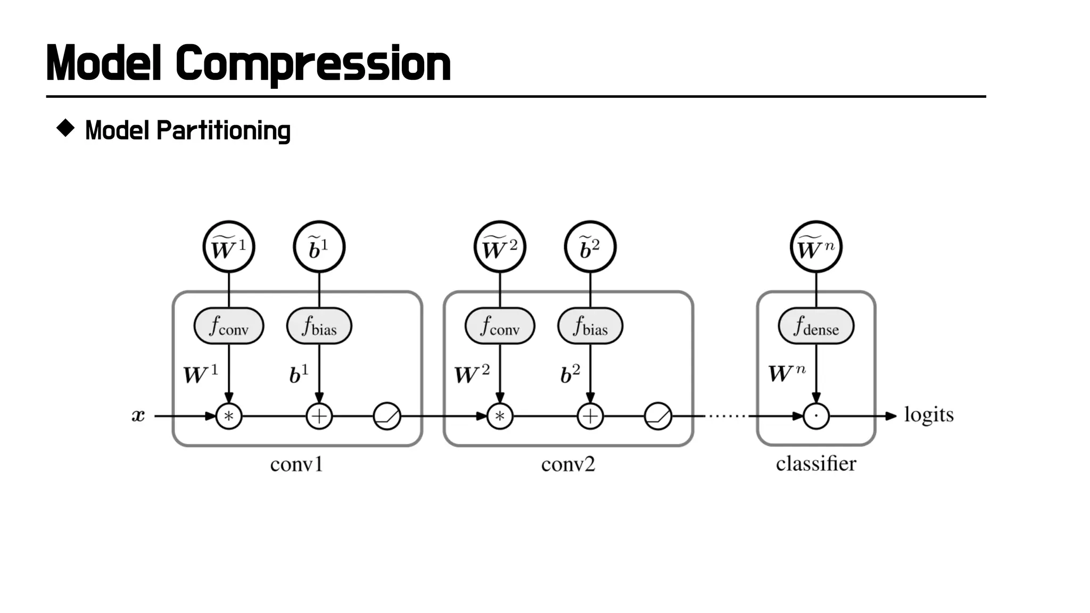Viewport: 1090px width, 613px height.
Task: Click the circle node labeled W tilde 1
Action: coord(229,247)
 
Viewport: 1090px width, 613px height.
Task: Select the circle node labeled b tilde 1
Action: coord(319,247)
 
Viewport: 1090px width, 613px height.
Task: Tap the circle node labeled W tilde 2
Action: coord(500,247)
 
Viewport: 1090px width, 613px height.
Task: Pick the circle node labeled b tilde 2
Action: coord(590,247)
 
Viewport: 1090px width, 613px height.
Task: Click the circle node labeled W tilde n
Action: coord(816,247)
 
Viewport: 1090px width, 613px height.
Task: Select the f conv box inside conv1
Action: coord(229,326)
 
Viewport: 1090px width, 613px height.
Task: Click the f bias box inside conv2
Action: coord(590,326)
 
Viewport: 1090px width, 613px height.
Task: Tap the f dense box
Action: coord(816,326)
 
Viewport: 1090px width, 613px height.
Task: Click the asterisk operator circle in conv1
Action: coord(229,416)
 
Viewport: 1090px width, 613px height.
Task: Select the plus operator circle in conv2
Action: coord(590,416)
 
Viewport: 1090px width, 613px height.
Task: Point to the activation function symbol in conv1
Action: coord(387,416)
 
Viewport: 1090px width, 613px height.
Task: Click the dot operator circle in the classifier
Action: coord(816,416)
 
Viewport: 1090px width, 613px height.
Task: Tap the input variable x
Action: coord(138,416)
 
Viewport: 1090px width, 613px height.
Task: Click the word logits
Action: coord(929,415)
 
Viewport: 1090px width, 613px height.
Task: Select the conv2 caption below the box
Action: coord(568,465)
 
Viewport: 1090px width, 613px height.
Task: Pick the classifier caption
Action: coord(816,463)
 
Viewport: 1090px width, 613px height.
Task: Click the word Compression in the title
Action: coord(313,64)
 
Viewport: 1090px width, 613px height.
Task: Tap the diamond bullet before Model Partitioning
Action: coord(65,128)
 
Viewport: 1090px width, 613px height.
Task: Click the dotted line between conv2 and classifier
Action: coord(728,416)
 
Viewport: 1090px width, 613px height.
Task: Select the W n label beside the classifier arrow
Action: coord(786,373)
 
